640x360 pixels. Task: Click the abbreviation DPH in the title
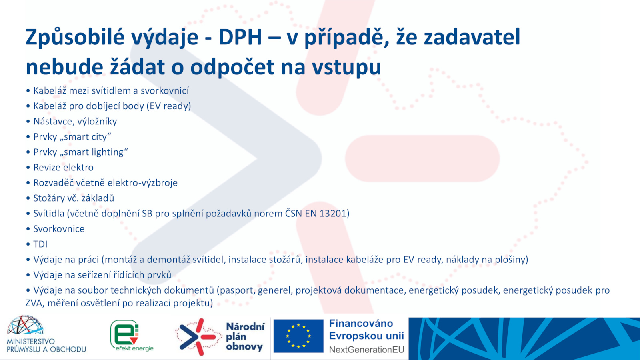(x=240, y=38)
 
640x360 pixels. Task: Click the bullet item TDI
(x=40, y=244)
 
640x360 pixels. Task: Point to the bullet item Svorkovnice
(x=59, y=229)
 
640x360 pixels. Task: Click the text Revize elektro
(x=64, y=168)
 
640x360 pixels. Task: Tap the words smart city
(x=85, y=137)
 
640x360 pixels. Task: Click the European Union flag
(x=298, y=336)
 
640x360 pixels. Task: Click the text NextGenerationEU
(x=366, y=350)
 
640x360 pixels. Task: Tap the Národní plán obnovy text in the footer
(x=245, y=336)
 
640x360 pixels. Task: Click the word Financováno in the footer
(x=361, y=324)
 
